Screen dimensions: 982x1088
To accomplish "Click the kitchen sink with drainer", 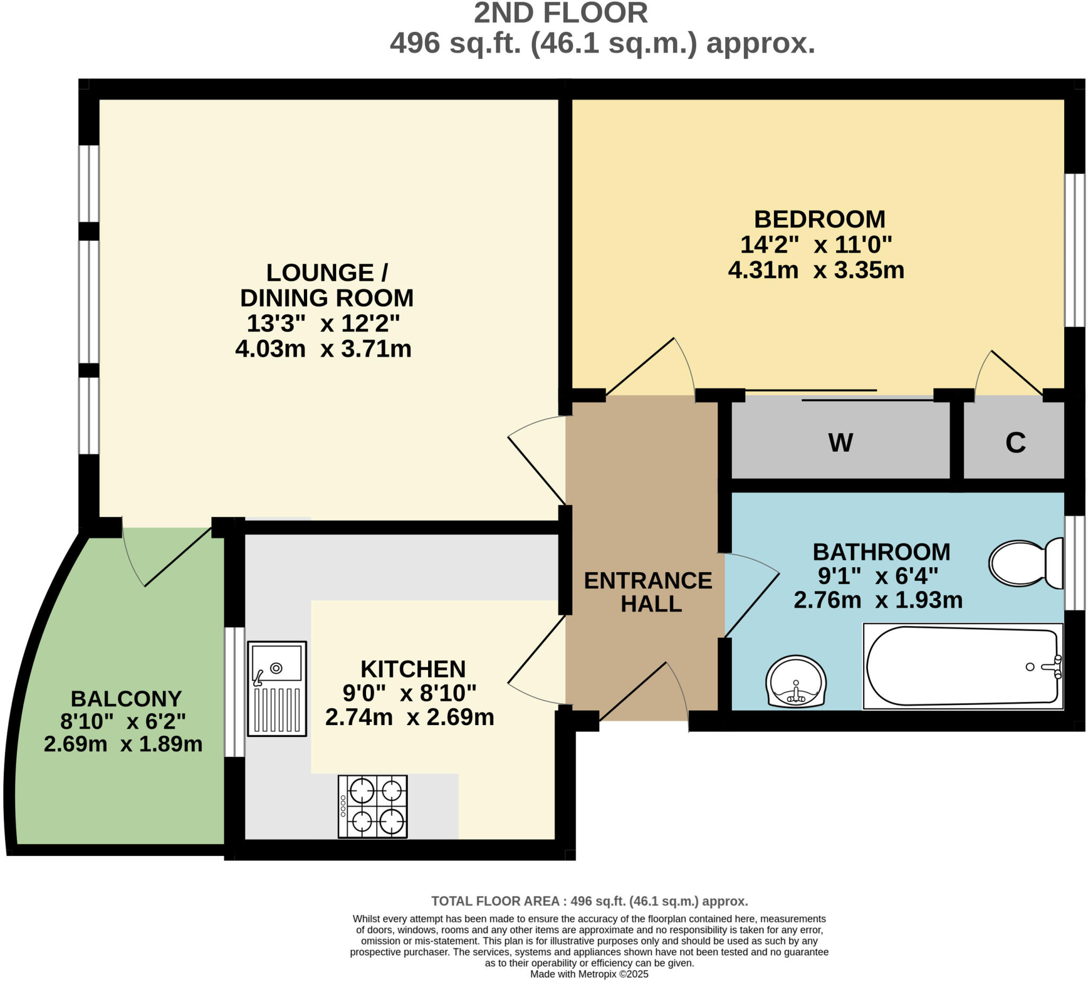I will pyautogui.click(x=277, y=688).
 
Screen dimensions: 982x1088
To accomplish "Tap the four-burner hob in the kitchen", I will pyautogui.click(x=372, y=806).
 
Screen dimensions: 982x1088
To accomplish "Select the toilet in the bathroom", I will pyautogui.click(x=1025, y=563).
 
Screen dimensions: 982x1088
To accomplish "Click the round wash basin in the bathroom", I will pyautogui.click(x=795, y=682).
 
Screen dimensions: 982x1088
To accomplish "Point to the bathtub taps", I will pyautogui.click(x=1051, y=666).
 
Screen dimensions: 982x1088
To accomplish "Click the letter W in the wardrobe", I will pyautogui.click(x=840, y=443).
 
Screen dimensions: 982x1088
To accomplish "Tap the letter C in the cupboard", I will pyautogui.click(x=1015, y=443).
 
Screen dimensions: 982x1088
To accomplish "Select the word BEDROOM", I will pyautogui.click(x=819, y=220).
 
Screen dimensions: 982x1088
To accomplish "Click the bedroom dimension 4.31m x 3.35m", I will pyautogui.click(x=815, y=270).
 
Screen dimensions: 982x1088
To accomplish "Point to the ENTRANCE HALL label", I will pyautogui.click(x=648, y=592).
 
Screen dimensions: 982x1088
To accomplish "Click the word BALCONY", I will pyautogui.click(x=126, y=699).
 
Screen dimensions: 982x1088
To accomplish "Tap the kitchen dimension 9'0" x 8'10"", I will pyautogui.click(x=409, y=693).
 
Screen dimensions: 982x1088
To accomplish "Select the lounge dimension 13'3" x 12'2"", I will pyautogui.click(x=323, y=324).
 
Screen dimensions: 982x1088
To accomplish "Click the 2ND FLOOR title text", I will pyautogui.click(x=560, y=14).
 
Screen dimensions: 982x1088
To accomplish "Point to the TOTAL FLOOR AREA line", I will pyautogui.click(x=589, y=901).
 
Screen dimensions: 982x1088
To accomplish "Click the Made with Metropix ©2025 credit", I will pyautogui.click(x=589, y=974).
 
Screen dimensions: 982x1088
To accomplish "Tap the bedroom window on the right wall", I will pyautogui.click(x=1074, y=250).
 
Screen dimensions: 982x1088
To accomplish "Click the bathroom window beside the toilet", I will pyautogui.click(x=1074, y=563).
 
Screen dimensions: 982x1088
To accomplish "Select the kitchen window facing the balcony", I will pyautogui.click(x=234, y=691).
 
